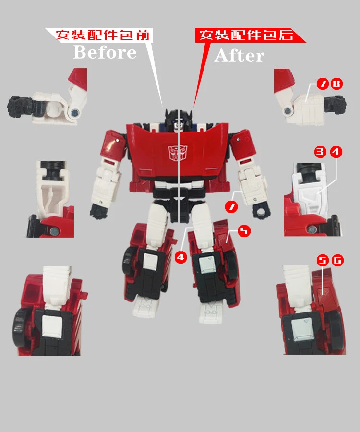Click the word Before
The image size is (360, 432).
click(105, 52)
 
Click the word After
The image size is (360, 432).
click(239, 56)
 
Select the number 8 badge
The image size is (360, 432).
click(336, 84)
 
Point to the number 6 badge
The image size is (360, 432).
click(337, 260)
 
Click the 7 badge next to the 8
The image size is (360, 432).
click(323, 84)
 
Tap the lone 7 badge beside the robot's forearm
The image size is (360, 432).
click(231, 207)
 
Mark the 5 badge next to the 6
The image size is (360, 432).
click(323, 260)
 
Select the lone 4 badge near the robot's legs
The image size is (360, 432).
click(180, 257)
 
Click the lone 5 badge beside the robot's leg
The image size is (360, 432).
click(244, 231)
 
